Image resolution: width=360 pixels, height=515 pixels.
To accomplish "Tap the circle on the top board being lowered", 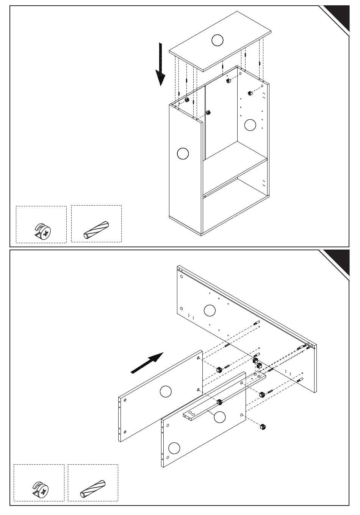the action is [218, 40].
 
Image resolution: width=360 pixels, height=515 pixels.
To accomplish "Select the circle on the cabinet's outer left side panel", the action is [183, 153].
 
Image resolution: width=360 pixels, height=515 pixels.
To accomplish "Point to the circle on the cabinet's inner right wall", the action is [250, 125].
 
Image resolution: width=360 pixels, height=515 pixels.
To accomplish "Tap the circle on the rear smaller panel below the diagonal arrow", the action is [166, 391].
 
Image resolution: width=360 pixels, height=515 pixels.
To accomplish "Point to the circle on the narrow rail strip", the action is [219, 417].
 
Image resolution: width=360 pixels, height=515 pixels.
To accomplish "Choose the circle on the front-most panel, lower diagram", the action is [174, 448].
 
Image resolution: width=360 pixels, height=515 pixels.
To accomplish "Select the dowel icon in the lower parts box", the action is [94, 488].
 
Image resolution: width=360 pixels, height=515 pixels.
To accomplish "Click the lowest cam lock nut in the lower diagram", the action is [261, 427].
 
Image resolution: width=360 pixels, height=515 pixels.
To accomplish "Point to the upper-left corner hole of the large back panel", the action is [182, 276].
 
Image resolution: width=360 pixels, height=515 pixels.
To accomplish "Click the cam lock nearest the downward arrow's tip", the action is [187, 100].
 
